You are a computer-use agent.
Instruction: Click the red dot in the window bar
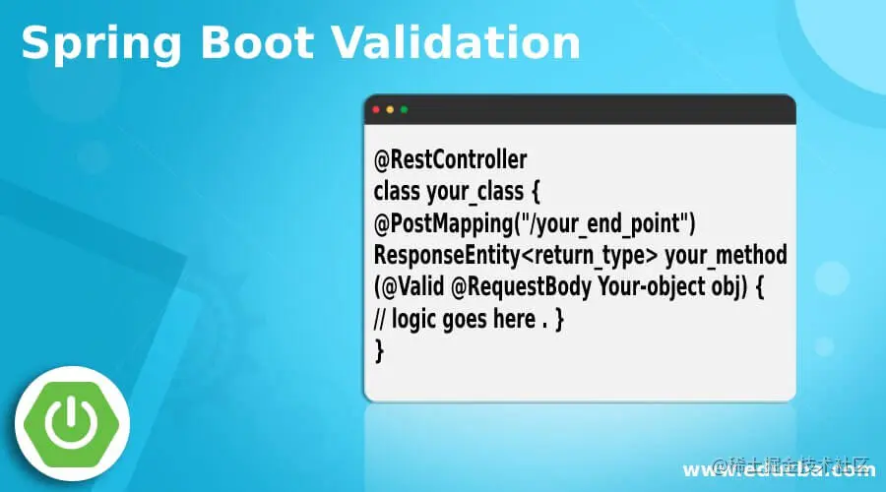point(375,109)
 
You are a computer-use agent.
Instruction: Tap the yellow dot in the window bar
point(390,109)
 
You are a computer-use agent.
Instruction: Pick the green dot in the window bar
point(405,109)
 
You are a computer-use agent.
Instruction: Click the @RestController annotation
point(450,159)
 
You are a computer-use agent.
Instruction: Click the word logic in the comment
point(413,320)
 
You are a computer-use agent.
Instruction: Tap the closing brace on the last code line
point(379,350)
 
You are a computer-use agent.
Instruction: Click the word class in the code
point(396,191)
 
